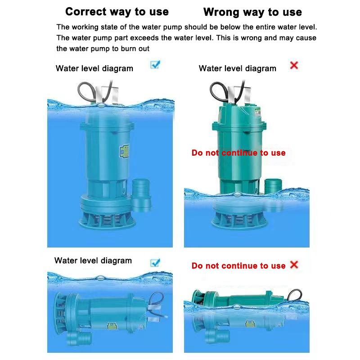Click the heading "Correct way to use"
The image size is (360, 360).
click(117, 12)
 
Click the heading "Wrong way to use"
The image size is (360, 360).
click(252, 12)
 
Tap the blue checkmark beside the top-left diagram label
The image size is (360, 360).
click(155, 65)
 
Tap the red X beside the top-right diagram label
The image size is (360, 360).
click(294, 65)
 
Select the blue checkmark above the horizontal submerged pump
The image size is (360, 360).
click(155, 263)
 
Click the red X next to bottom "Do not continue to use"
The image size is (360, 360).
click(294, 265)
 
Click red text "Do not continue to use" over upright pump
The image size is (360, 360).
click(238, 153)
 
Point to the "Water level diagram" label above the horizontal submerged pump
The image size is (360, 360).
click(93, 261)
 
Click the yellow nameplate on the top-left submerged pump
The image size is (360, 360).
click(125, 151)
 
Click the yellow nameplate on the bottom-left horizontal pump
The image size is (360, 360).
click(112, 326)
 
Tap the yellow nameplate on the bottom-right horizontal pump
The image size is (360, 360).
click(250, 324)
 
